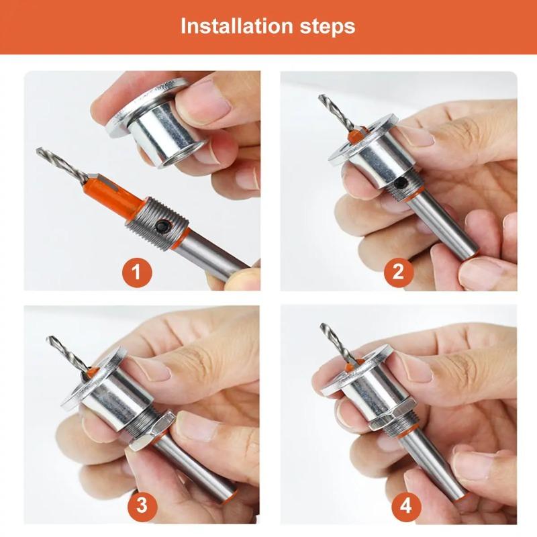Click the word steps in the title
click(326, 28)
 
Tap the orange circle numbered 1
click(137, 273)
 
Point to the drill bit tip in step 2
click(320, 98)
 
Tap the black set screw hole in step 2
click(399, 183)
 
